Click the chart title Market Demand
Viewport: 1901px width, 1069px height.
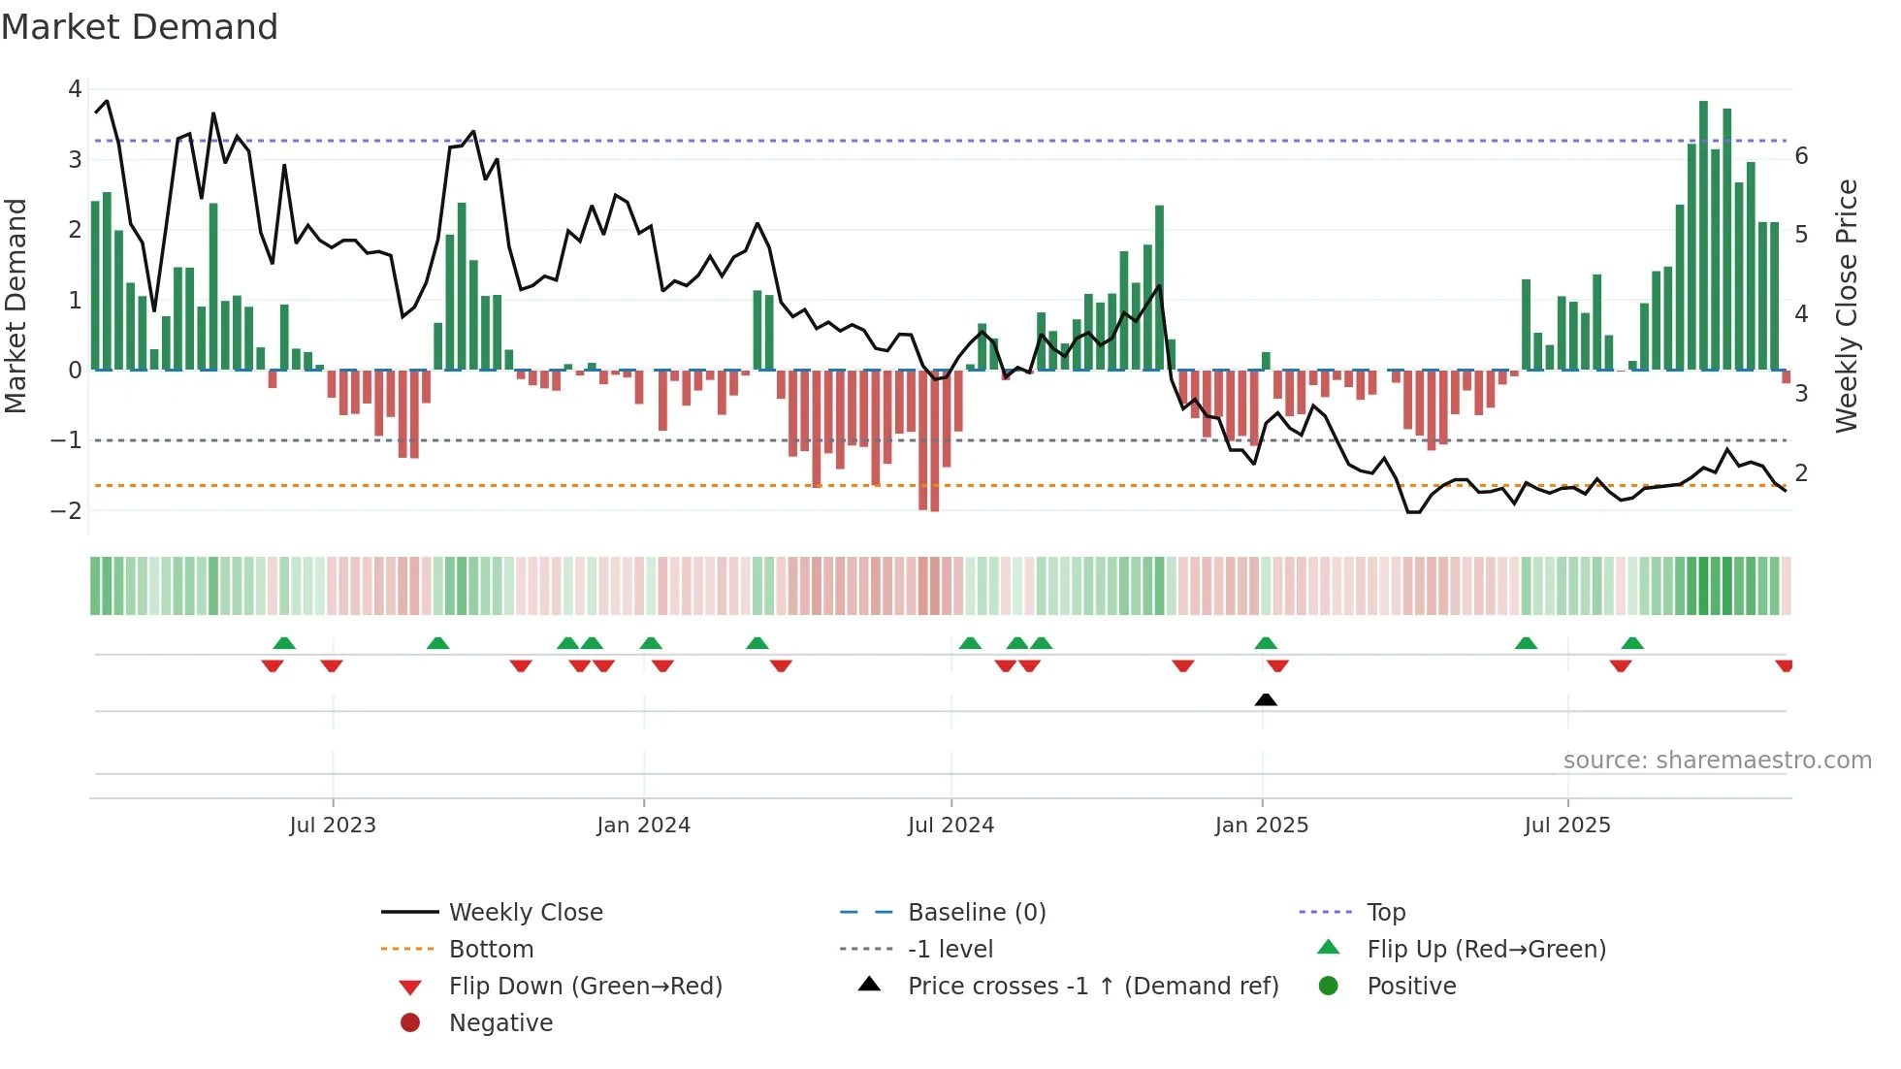(x=140, y=27)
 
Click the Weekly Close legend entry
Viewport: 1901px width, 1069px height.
(x=525, y=912)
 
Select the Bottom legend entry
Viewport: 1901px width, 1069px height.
(x=491, y=949)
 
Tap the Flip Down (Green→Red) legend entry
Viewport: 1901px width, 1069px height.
(x=585, y=986)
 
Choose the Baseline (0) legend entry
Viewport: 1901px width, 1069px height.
(x=976, y=912)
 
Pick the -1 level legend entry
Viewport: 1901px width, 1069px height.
(x=950, y=949)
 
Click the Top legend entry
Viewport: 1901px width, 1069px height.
(x=1385, y=912)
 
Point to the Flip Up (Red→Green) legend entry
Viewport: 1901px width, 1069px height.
(x=1486, y=949)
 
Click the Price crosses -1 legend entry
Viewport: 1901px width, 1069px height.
(x=1092, y=986)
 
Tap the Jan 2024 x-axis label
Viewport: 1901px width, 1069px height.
(x=643, y=826)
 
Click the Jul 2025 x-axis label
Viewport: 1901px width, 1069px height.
(x=1566, y=826)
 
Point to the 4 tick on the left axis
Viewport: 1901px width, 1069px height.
(x=75, y=89)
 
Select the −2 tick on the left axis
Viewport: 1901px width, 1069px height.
(x=67, y=510)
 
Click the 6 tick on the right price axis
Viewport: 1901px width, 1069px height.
(x=1801, y=156)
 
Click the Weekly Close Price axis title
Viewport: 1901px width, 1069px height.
(x=1847, y=306)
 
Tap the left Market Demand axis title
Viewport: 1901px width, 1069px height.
(x=16, y=306)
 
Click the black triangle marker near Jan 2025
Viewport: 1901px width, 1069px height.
(x=1265, y=699)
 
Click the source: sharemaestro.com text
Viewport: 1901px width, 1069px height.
(x=1717, y=760)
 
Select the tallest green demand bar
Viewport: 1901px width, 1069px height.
(x=1703, y=233)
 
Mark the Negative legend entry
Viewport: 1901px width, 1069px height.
(x=500, y=1022)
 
